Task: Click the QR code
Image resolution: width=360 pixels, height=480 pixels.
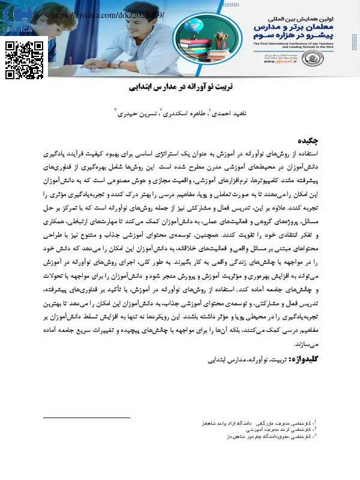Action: [25, 61]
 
